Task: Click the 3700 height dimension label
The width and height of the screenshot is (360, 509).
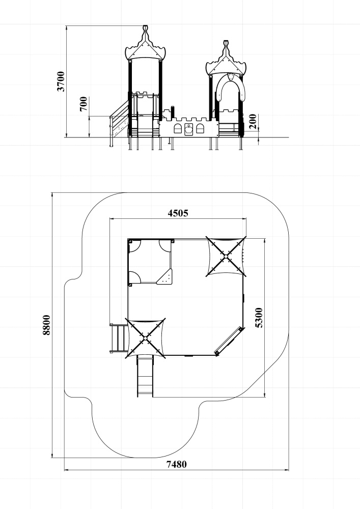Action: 61,81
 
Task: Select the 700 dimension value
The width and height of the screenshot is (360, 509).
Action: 84,104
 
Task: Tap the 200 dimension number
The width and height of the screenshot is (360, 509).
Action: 253,122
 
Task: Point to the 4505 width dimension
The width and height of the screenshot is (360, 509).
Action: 178,213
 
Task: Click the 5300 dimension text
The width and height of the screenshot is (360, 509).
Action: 259,318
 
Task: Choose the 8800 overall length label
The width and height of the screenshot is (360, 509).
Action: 47,325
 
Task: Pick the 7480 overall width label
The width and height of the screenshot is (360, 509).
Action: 177,465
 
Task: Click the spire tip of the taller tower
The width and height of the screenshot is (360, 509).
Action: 146,26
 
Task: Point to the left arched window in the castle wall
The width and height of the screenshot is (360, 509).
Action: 178,128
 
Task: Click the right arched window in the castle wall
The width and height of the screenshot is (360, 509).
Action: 200,128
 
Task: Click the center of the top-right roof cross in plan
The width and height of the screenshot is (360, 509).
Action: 226,257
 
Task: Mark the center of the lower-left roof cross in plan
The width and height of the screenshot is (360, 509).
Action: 145,338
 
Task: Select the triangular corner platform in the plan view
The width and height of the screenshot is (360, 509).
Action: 165,278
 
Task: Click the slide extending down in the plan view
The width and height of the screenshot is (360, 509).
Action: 145,376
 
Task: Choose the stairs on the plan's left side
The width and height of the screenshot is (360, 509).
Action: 119,338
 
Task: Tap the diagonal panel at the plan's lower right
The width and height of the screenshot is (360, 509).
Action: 229,341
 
